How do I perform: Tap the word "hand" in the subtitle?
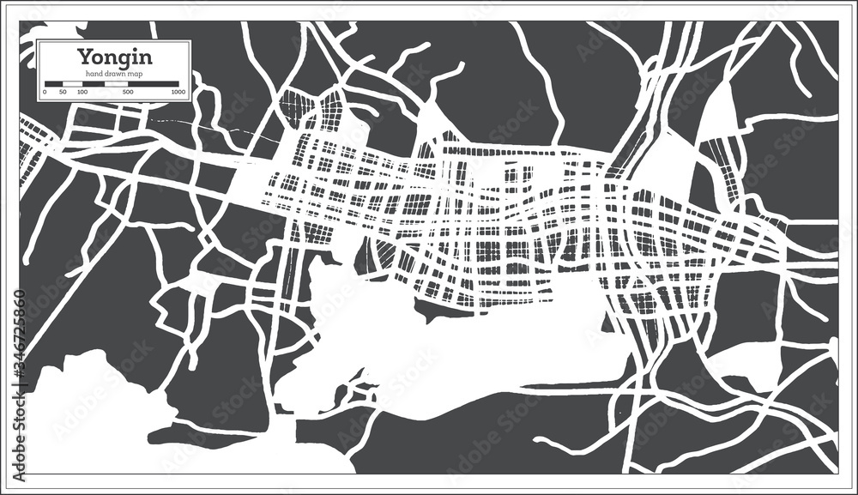[x=91, y=73]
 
